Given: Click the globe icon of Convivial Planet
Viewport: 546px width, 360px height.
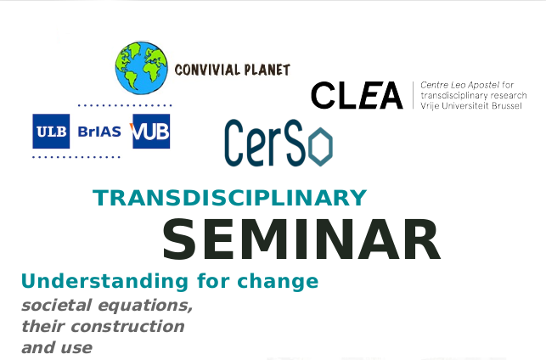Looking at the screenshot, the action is (x=141, y=68).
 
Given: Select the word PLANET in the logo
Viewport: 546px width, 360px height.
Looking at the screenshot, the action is (x=267, y=70).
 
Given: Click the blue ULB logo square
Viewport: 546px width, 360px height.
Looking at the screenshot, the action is (x=51, y=132).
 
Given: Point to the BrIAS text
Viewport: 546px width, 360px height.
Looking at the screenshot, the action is (x=99, y=132).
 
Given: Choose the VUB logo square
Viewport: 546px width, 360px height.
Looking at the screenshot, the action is (x=150, y=132).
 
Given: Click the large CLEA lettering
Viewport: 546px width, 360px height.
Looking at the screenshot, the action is (x=357, y=95).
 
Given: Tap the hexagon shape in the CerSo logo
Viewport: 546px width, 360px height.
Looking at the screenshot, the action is (x=322, y=147).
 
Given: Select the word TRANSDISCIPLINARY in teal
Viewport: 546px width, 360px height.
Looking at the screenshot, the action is (x=230, y=198).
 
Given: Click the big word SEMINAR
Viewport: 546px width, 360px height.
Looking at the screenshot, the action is (x=301, y=239).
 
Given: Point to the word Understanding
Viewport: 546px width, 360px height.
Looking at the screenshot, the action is (x=104, y=281).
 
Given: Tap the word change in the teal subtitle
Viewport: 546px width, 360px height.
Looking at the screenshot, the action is (x=278, y=281).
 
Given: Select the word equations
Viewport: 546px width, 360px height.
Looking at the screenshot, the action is (x=145, y=306).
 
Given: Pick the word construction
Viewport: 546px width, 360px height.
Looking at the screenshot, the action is (x=127, y=327).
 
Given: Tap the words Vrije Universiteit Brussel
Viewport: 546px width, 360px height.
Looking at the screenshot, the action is (x=471, y=106).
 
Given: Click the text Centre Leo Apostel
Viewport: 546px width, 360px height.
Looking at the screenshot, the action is (x=460, y=85).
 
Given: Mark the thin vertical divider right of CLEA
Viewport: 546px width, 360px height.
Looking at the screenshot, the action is (x=413, y=95).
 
